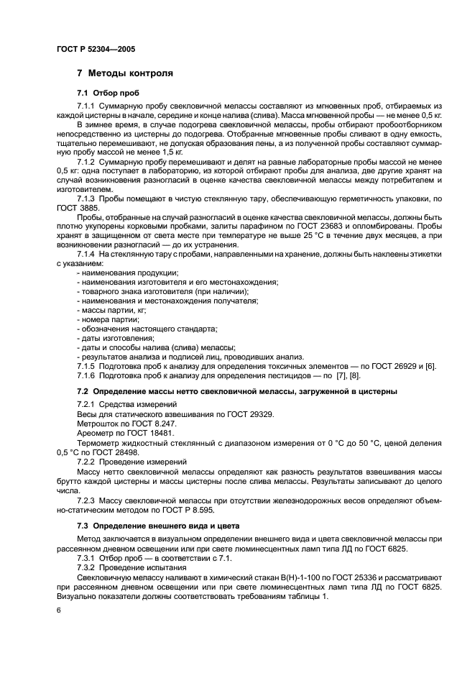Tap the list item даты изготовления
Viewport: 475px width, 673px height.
coord(116,338)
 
